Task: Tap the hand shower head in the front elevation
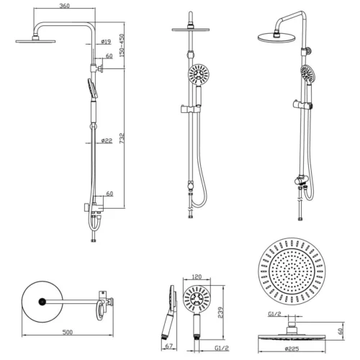(x=197, y=74)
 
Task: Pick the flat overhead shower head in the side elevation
(x=34, y=40)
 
